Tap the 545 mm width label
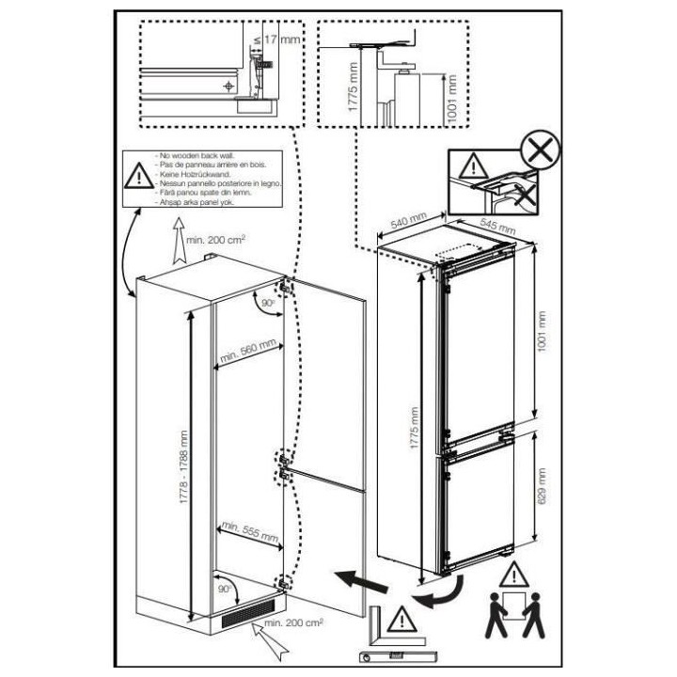point(496,227)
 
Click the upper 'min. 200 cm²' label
point(216,241)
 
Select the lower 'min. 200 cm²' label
point(323,622)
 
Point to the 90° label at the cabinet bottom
point(225,588)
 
